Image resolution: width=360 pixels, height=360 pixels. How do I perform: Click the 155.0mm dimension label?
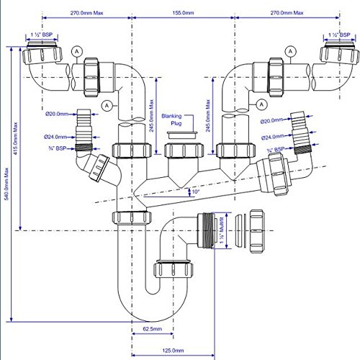click(x=183, y=13)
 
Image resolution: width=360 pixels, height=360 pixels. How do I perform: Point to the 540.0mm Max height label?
click(x=6, y=184)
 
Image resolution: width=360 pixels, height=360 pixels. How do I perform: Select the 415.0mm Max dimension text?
click(x=15, y=138)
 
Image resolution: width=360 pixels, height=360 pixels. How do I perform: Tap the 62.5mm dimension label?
click(x=153, y=329)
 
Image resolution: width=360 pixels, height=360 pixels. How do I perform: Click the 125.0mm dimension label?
click(x=173, y=351)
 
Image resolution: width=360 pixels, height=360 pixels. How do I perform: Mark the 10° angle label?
click(x=196, y=192)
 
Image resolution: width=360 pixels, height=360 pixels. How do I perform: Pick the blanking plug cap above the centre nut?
click(x=182, y=135)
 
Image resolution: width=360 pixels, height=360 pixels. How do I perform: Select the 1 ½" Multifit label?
click(x=221, y=230)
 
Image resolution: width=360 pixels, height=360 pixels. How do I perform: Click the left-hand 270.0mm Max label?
click(x=86, y=13)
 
